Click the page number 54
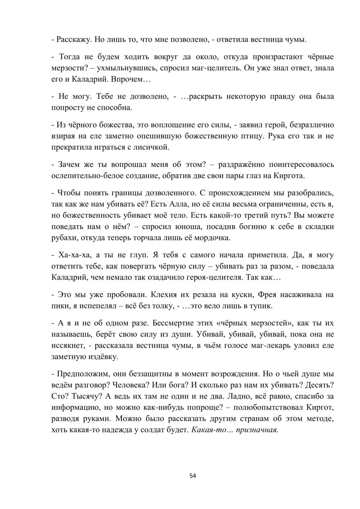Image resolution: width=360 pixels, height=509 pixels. point(193,476)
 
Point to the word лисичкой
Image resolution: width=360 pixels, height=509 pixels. point(152,147)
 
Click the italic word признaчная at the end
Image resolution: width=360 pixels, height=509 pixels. point(257,429)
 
